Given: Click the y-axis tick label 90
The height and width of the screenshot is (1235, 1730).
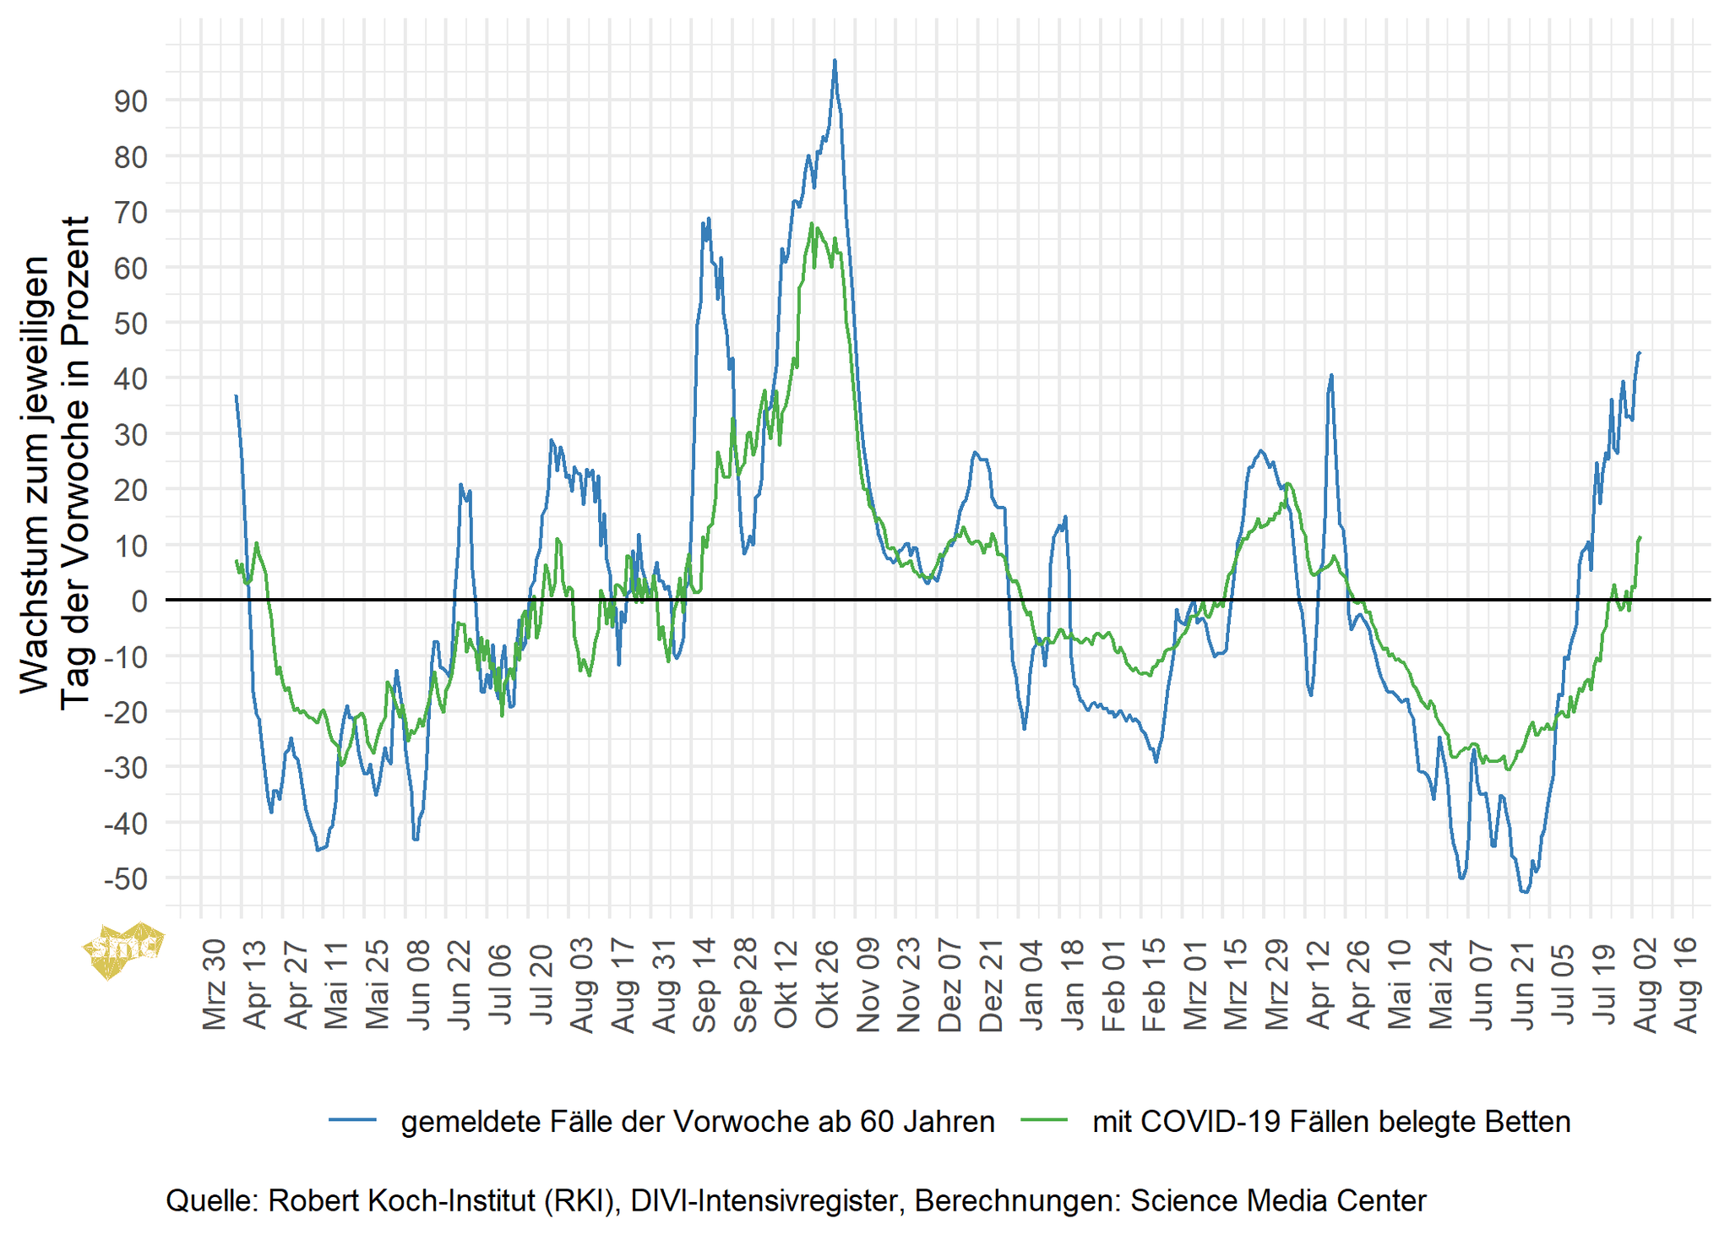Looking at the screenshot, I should pos(130,101).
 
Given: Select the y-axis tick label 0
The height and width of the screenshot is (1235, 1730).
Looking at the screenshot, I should pos(139,601).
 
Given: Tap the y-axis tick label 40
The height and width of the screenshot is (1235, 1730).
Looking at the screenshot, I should pos(130,379).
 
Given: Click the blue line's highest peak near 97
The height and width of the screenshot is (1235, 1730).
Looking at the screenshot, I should pos(835,61).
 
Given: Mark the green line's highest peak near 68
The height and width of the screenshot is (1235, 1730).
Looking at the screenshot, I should pos(811,224).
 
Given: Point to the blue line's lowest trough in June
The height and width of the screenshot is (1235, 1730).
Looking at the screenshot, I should pos(1525,892).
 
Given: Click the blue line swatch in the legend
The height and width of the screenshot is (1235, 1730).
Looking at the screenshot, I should pos(352,1121).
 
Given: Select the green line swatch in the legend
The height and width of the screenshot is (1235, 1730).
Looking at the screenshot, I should pos(1044,1121).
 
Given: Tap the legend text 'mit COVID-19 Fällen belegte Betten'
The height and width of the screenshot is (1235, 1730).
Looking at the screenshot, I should pos(1331,1121).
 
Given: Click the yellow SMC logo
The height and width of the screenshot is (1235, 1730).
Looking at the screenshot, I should pos(123,948).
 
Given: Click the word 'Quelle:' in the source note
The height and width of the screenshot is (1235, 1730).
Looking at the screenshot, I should pos(211,1200).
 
